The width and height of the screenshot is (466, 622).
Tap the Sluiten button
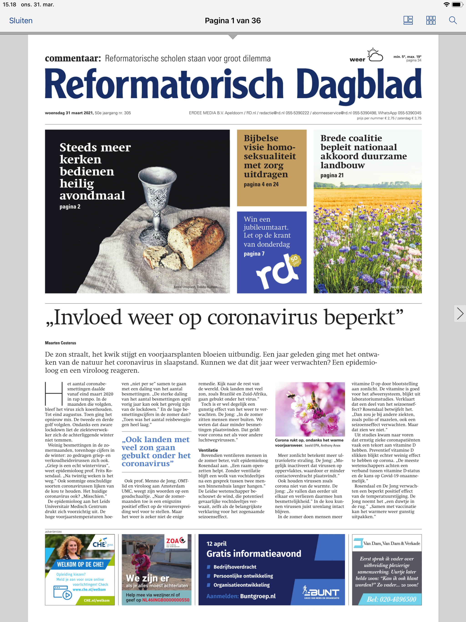[21, 20]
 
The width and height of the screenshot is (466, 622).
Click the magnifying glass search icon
[453, 20]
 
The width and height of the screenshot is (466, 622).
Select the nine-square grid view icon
[431, 20]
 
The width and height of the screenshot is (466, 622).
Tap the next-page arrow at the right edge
[460, 314]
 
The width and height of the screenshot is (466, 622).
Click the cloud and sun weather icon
[375, 55]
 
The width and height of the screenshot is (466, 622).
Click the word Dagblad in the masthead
[359, 84]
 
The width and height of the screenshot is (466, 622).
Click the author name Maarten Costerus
[61, 343]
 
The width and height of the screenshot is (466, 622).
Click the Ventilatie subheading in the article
[208, 450]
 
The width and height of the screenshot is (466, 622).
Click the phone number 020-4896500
[392, 599]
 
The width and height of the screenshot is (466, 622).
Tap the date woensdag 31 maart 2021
[69, 113]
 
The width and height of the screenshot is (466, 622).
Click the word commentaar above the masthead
[73, 59]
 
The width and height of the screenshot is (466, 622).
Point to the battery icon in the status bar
[457, 5]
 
